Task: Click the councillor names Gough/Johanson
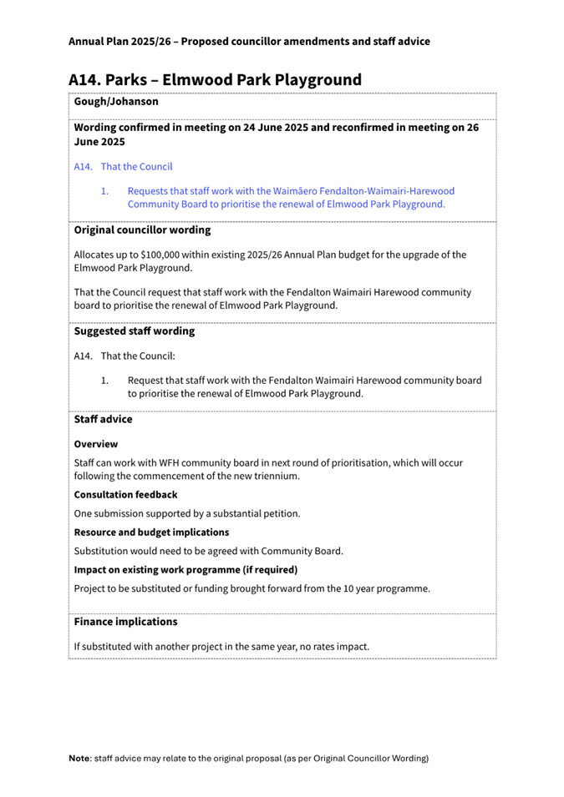pyautogui.click(x=116, y=101)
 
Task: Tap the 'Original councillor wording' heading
pyautogui.click(x=142, y=230)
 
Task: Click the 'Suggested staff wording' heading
pyautogui.click(x=135, y=330)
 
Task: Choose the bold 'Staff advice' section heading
pyautogui.click(x=103, y=420)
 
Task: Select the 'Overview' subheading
pyautogui.click(x=96, y=444)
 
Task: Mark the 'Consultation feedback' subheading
pyautogui.click(x=125, y=495)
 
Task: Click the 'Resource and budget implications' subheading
pyautogui.click(x=151, y=532)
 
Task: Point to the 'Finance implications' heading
pyautogui.click(x=125, y=622)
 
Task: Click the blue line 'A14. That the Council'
pyautogui.click(x=123, y=166)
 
